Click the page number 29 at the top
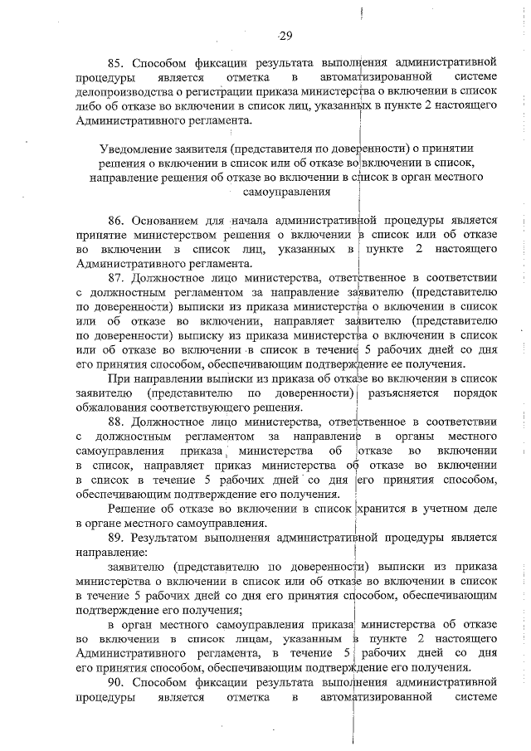[285, 35]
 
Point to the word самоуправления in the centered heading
[286, 192]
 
